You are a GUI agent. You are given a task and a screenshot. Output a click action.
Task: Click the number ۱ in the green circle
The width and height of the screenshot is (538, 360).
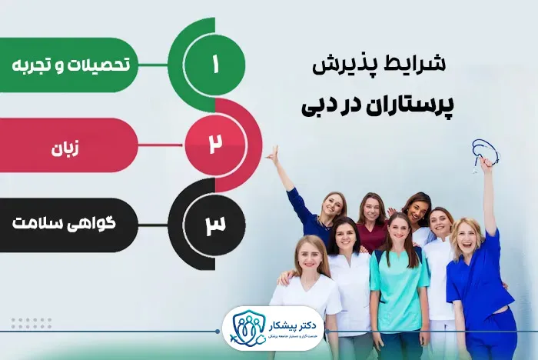pyautogui.click(x=214, y=65)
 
